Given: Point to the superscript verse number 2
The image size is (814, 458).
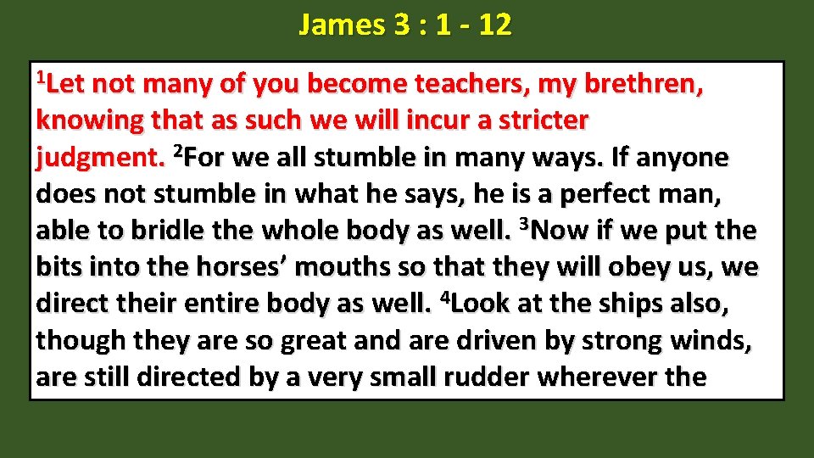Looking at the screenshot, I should (x=177, y=152).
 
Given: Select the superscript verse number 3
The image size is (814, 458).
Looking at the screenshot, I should (x=522, y=225).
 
